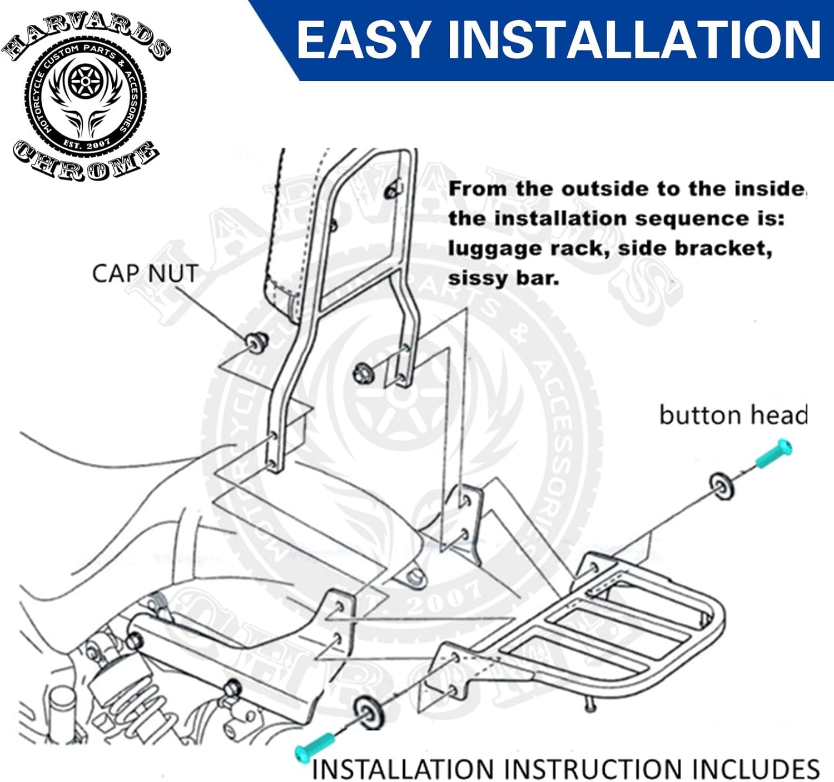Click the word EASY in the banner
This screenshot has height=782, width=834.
tap(362, 40)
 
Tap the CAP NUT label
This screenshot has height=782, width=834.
tap(145, 274)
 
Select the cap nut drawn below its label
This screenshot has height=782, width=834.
tap(256, 341)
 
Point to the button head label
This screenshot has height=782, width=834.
tap(733, 415)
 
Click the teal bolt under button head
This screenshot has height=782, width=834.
tap(773, 454)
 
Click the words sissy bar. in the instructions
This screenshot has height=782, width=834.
tap(503, 278)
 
